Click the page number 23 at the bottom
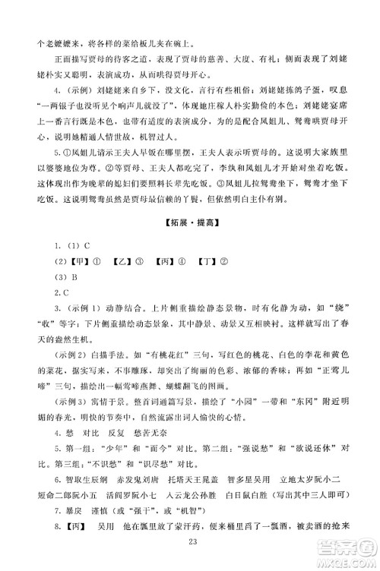190,561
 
